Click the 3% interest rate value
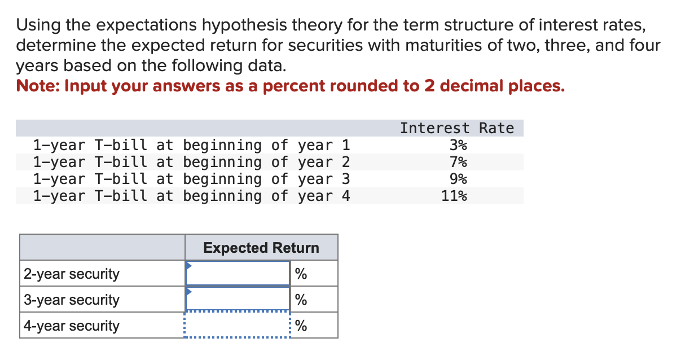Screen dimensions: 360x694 pyautogui.click(x=458, y=146)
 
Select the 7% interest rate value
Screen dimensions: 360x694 pyautogui.click(x=458, y=163)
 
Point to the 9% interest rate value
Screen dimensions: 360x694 pyautogui.click(x=458, y=179)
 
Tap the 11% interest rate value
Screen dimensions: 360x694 pyautogui.click(x=454, y=196)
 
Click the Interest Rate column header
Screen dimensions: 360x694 pyautogui.click(x=457, y=129)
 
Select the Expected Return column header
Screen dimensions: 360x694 pyautogui.click(x=261, y=248)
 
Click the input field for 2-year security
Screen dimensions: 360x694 pyautogui.click(x=238, y=274)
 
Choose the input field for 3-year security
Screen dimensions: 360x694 pyautogui.click(x=238, y=300)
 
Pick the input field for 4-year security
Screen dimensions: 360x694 pyautogui.click(x=238, y=326)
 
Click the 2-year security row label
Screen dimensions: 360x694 pyautogui.click(x=71, y=274)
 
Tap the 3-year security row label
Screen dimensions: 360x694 pyautogui.click(x=71, y=300)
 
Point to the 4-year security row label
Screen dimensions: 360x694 pyautogui.click(x=71, y=326)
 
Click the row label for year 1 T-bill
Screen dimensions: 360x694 pyautogui.click(x=191, y=146)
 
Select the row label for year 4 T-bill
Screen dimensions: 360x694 pyautogui.click(x=191, y=196)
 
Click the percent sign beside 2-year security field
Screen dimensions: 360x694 pyautogui.click(x=301, y=274)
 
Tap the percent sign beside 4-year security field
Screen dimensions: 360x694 pyautogui.click(x=301, y=326)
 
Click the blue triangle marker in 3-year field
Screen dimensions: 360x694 pyautogui.click(x=190, y=292)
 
